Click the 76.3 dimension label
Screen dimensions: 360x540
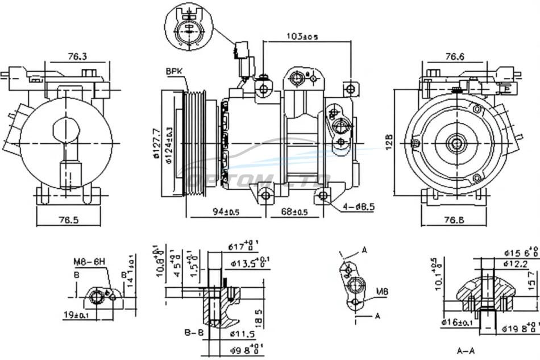coord(77,56)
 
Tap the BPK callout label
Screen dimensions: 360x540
coord(173,71)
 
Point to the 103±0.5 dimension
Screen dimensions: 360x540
coord(302,37)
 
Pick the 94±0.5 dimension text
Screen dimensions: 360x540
coord(226,212)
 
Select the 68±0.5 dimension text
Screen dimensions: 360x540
coord(294,212)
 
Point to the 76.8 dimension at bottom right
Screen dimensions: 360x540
coord(454,220)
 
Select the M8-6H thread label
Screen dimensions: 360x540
coord(89,262)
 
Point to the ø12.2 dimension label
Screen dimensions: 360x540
coord(515,264)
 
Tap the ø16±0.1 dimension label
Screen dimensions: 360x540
coord(458,323)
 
